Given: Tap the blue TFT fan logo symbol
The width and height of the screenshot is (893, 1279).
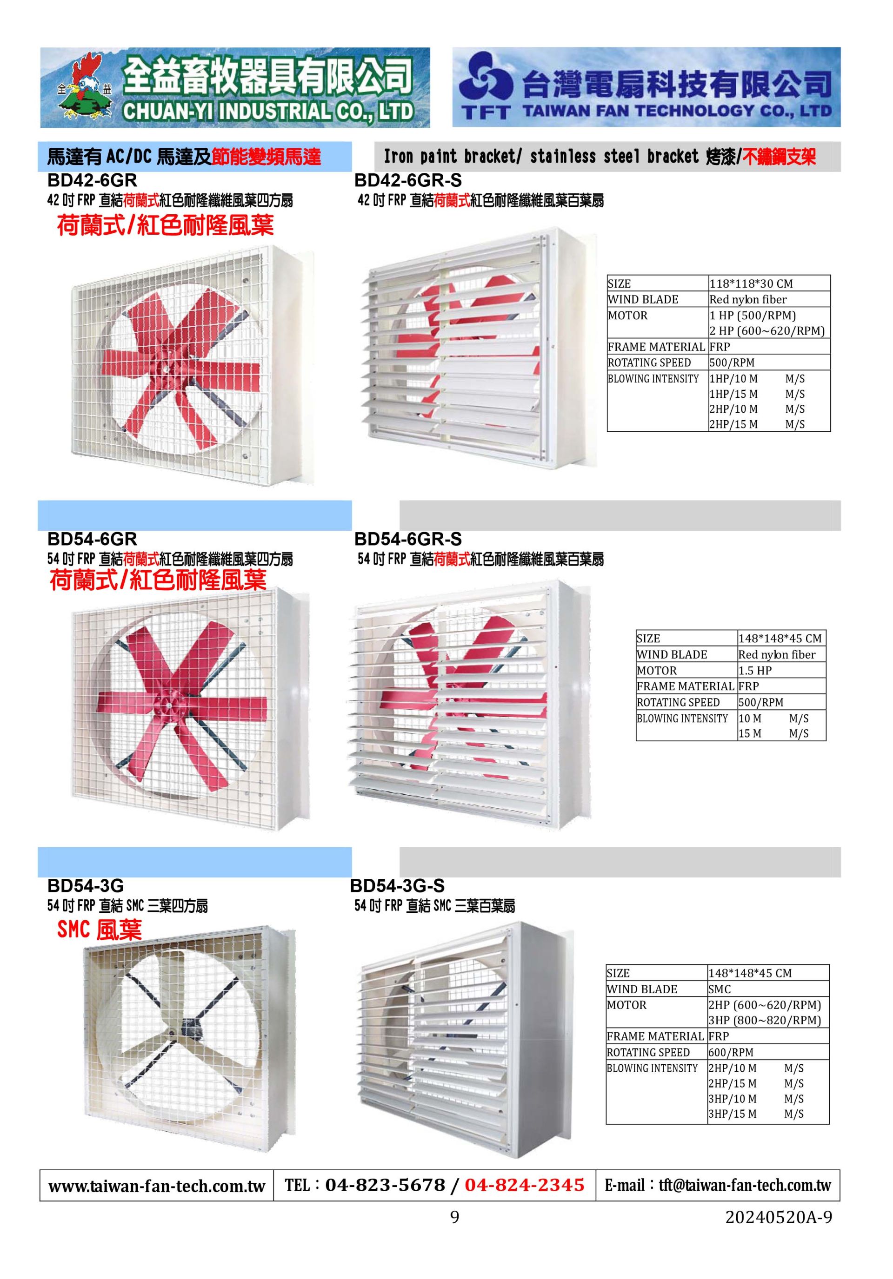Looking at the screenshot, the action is (x=486, y=78).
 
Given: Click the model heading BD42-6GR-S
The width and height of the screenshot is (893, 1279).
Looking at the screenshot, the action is (x=408, y=180).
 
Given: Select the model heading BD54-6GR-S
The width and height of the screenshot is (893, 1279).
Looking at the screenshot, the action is (x=408, y=539).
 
